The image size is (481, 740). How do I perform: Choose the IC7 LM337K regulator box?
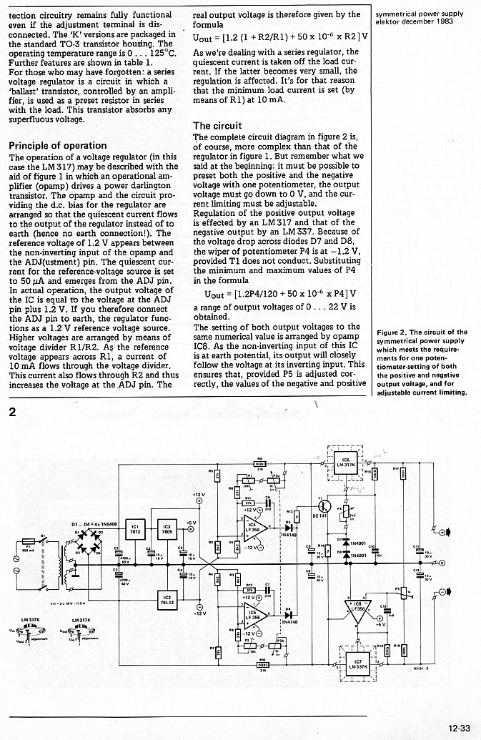[355, 665]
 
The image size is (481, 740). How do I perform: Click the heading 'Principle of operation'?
[57, 145]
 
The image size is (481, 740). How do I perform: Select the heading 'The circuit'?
[218, 126]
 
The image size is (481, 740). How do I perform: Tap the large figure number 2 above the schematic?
[11, 413]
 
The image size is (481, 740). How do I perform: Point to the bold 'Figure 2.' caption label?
[392, 332]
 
